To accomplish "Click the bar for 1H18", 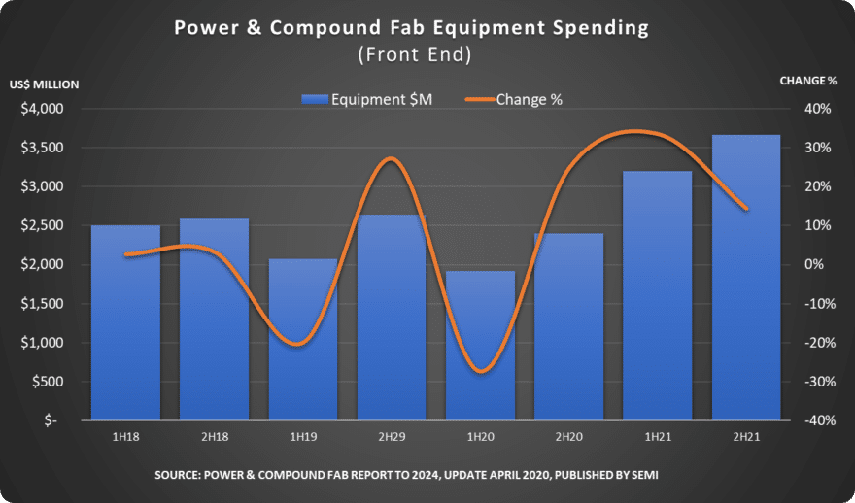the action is pyautogui.click(x=125, y=322).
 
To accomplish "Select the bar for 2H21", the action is pyautogui.click(x=746, y=278).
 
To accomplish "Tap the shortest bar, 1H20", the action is pyautogui.click(x=480, y=346).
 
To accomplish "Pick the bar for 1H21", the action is pyautogui.click(x=658, y=296).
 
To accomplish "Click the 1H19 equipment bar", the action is pyautogui.click(x=303, y=340).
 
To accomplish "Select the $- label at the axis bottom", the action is pyautogui.click(x=51, y=421).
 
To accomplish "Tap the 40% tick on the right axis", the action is pyautogui.click(x=818, y=109).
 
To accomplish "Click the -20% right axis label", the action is pyautogui.click(x=816, y=343).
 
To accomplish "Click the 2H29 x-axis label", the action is pyautogui.click(x=393, y=438).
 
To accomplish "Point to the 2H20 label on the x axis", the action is pyautogui.click(x=568, y=438).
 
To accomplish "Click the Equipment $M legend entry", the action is pyautogui.click(x=367, y=100).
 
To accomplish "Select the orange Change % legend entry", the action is pyautogui.click(x=514, y=100).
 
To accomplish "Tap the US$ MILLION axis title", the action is pyautogui.click(x=44, y=85).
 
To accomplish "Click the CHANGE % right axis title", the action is pyautogui.click(x=808, y=82).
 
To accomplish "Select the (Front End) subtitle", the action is pyautogui.click(x=415, y=55).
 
